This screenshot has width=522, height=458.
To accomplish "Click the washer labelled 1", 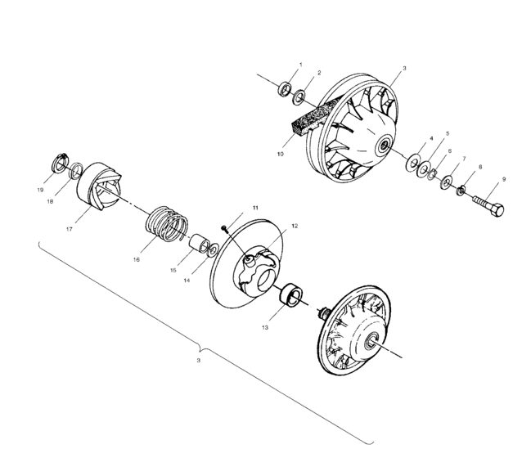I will (x=286, y=88).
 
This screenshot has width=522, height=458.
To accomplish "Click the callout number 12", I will (x=272, y=225).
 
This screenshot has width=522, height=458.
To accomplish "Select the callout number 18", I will (x=51, y=202).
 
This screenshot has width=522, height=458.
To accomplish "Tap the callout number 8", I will (x=479, y=167).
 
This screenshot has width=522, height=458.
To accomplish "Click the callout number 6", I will (x=448, y=151).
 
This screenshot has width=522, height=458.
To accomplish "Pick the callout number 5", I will (x=447, y=133).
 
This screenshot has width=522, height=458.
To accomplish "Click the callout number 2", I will (x=318, y=72).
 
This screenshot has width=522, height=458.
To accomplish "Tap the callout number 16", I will (x=136, y=259).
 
